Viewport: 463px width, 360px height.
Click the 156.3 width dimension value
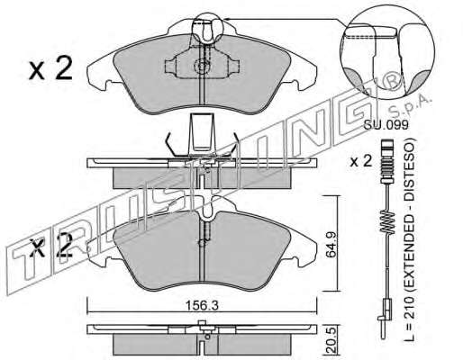(201, 306)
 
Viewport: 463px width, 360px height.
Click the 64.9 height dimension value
(331, 244)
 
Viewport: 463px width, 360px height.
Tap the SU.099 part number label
(386, 124)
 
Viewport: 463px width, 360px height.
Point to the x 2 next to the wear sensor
(361, 161)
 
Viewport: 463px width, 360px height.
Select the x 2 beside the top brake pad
(50, 69)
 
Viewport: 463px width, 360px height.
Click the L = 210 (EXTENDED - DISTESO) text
(409, 239)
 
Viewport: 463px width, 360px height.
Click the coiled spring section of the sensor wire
(387, 221)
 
